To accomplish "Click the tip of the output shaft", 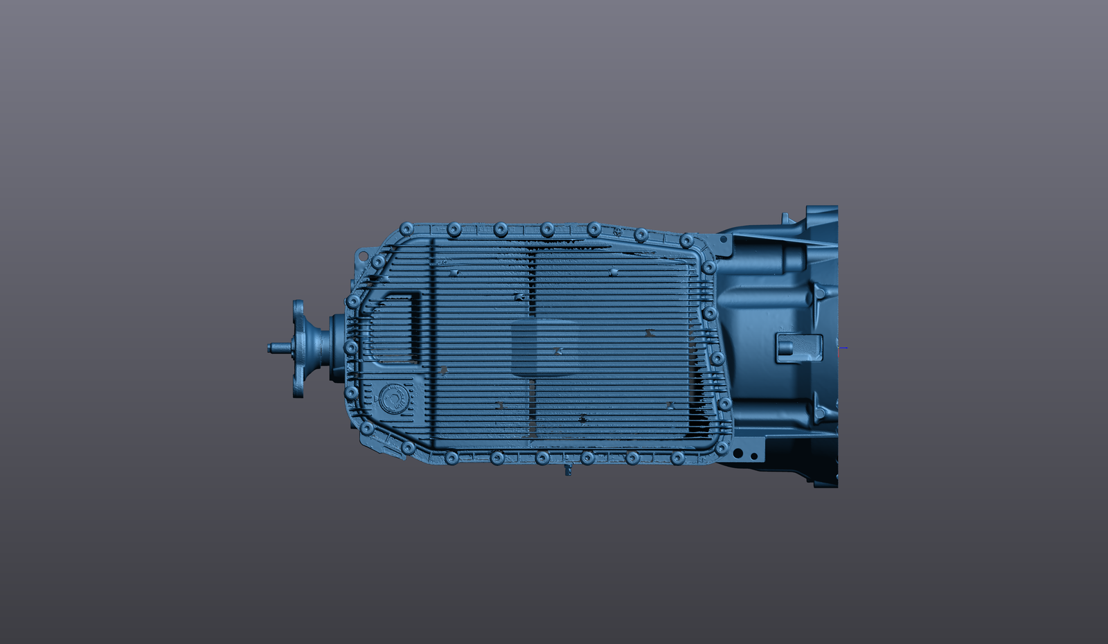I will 270,348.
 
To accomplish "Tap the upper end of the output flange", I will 298,305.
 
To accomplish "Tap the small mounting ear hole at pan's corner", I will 361,256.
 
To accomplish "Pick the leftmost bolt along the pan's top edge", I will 406,228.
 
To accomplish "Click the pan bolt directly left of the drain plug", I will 351,393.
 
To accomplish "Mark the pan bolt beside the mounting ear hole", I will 378,262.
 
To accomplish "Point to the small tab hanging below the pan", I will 568,470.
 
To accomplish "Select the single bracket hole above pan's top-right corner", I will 723,240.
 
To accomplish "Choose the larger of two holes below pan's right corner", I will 738,454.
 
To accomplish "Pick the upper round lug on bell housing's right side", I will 820,293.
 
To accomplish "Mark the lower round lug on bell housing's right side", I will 820,413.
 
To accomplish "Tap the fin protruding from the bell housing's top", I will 785,218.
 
